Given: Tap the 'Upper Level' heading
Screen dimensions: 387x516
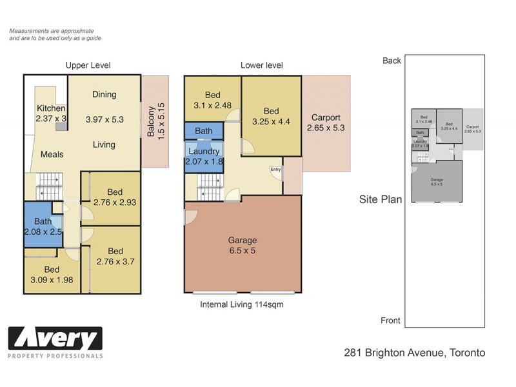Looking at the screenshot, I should pos(88,65).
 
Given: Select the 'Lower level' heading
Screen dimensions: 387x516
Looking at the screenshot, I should pos(261,65).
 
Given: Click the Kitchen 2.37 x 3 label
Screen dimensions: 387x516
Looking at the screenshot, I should pos(51,114).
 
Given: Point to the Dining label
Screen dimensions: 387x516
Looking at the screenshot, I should pos(104,94).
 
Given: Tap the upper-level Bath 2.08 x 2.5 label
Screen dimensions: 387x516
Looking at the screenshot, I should pos(43,226).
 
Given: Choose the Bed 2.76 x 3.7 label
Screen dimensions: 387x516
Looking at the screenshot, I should pos(115,256).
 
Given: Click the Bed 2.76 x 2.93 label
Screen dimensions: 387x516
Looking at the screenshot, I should pos(115,197).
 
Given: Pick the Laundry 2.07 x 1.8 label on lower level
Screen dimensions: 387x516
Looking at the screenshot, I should pos(204,157).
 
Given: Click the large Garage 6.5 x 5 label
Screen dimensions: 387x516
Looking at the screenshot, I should pos(242,245).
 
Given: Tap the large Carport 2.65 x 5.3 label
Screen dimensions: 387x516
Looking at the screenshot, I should pos(326,123).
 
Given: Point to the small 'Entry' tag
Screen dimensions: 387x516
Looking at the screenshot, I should pos(276,170).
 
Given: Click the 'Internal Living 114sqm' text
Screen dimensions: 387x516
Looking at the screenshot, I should pos(242,304).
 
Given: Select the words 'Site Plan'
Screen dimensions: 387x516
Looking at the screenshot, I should pos(381,199).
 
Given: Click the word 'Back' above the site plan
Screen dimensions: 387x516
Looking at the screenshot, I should pos(392,61).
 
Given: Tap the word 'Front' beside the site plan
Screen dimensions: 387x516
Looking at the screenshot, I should pos(390,321).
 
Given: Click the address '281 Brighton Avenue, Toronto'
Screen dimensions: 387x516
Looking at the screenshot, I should pos(414,353).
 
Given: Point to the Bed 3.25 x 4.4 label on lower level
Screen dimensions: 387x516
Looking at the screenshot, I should pos(271,116).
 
